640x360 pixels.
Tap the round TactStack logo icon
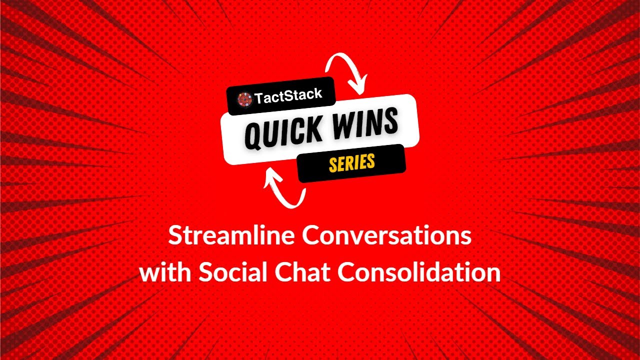[x=244, y=98]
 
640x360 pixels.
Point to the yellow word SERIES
[x=351, y=163]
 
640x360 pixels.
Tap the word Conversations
[x=387, y=236]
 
